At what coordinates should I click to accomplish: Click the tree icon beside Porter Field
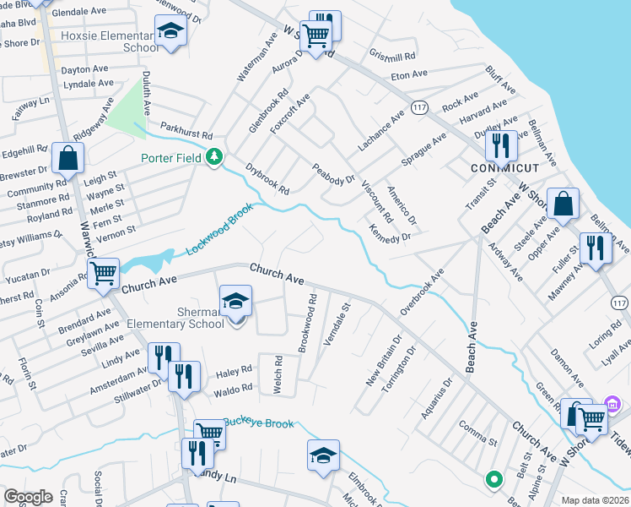click(215, 156)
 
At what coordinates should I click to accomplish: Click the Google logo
click(28, 497)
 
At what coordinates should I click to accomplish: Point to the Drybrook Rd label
click(267, 177)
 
